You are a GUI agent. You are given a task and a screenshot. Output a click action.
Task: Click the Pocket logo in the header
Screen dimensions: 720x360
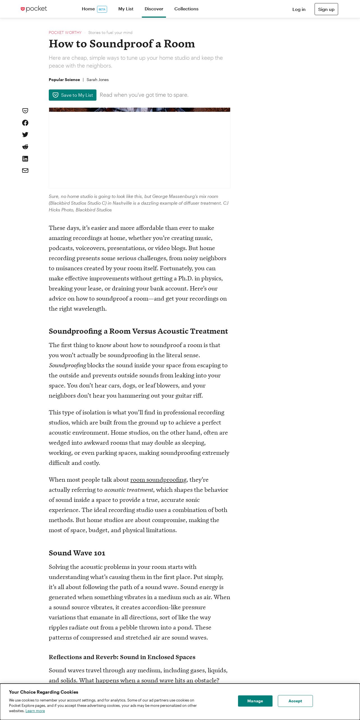34,9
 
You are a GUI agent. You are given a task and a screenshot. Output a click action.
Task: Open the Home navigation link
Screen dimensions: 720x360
88,9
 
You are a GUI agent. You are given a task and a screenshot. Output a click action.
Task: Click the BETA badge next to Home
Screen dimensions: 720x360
102,9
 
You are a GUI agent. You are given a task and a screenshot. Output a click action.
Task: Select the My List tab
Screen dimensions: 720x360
126,9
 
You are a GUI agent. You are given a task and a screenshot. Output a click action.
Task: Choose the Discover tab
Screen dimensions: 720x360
154,9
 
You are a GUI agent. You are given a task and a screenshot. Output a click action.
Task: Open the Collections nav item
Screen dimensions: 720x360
186,9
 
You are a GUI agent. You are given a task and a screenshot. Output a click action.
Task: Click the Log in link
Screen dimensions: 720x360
299,9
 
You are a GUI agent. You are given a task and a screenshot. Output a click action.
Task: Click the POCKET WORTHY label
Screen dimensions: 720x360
65,33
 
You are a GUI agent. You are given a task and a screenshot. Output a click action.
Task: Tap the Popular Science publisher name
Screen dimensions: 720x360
64,80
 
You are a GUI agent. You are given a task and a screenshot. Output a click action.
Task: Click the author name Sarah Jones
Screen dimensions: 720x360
98,80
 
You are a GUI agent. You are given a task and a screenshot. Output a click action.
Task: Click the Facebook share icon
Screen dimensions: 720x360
25,123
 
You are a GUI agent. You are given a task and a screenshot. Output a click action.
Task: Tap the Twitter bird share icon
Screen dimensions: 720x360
25,135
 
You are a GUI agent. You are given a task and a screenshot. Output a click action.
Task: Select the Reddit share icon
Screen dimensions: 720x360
25,147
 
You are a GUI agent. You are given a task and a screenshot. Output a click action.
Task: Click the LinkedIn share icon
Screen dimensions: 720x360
25,159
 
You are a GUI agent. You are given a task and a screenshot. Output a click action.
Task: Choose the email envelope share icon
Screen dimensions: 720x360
25,170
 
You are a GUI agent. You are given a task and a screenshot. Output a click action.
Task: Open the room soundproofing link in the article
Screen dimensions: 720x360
158,480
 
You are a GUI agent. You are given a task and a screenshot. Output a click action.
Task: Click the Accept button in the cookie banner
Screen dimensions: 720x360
295,701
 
